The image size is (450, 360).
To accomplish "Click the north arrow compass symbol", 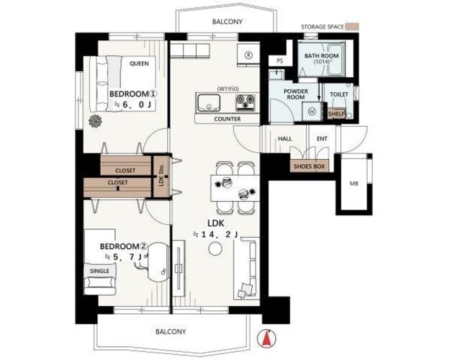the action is click(267, 338).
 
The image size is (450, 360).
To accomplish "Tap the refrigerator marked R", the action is click(248, 55).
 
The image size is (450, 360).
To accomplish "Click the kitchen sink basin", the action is click(209, 103).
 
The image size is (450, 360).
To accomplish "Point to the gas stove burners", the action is click(245, 103).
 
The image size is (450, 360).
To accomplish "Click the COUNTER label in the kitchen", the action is click(228, 119).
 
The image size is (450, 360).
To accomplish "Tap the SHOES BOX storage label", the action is click(309, 166).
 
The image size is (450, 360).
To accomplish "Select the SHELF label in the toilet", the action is click(336, 114).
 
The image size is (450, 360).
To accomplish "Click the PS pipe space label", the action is click(280, 61).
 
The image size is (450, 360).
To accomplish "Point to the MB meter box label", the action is click(354, 183).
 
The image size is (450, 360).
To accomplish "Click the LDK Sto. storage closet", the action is click(161, 176).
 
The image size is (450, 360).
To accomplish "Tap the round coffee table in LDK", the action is click(215, 248).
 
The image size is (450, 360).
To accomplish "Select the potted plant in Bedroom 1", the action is click(95, 121).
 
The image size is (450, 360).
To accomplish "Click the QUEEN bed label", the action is click(139, 63).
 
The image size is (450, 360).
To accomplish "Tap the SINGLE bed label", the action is click(99, 271).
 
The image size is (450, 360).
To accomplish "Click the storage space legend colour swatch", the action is click(352, 27).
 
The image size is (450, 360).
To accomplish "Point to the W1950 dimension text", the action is click(228, 89).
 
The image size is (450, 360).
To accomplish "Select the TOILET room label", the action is click(339, 94).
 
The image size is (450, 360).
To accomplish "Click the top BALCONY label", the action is click(228, 22).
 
